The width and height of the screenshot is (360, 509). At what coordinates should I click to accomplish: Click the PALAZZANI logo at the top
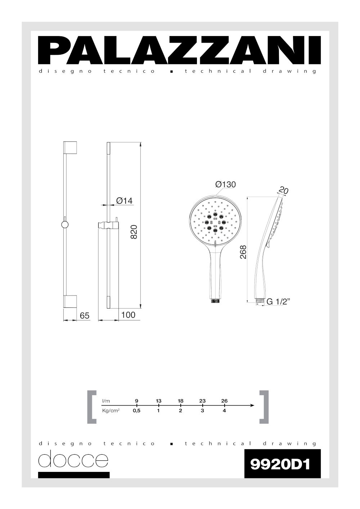tap(179, 50)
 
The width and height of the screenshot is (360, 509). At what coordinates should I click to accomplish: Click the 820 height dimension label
tap(134, 231)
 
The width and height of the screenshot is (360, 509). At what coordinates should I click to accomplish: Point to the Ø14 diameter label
tap(124, 201)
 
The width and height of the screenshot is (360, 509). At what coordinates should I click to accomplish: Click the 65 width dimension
tap(85, 316)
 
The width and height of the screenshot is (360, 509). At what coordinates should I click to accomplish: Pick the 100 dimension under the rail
tap(128, 315)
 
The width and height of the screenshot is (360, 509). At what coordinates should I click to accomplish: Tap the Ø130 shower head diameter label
tap(225, 184)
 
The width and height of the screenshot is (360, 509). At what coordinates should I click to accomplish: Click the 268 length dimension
tap(243, 252)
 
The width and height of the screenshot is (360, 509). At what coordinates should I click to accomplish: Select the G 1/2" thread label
tap(278, 302)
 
